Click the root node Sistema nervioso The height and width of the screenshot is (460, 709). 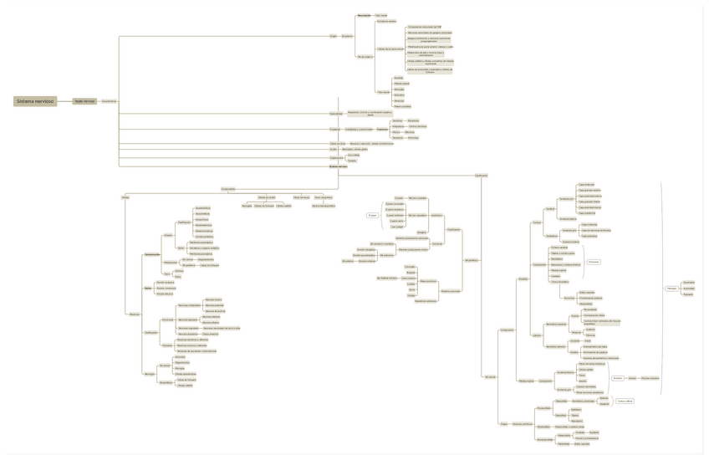(35, 101)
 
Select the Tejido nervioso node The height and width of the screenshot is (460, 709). (84, 101)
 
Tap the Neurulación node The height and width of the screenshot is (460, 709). (363, 15)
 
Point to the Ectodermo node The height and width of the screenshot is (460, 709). (347, 36)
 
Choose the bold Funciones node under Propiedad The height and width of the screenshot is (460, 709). (382, 130)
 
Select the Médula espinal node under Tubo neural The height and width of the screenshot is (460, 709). (401, 84)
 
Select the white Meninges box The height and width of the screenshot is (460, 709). (671, 289)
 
